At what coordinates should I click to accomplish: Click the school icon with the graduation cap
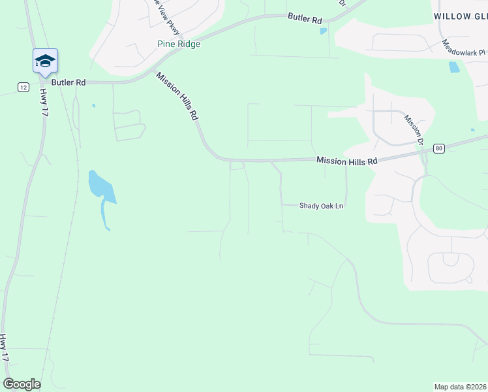[45, 61]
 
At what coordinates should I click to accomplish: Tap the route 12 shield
[23, 87]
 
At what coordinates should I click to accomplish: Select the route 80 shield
[438, 148]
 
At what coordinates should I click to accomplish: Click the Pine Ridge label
[179, 44]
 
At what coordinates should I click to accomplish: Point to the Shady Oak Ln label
[321, 206]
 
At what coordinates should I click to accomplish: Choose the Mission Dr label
[414, 130]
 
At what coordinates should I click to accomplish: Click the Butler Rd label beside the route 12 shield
[69, 83]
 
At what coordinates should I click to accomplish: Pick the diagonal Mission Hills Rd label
[176, 95]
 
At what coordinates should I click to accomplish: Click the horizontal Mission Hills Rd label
[347, 161]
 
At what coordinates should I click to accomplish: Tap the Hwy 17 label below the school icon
[44, 103]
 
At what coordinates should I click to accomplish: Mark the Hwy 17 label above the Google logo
[5, 348]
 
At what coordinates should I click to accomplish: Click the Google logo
[22, 384]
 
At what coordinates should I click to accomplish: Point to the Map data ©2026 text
[460, 386]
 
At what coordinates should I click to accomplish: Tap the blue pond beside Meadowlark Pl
[454, 67]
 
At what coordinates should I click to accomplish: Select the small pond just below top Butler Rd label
[323, 31]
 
